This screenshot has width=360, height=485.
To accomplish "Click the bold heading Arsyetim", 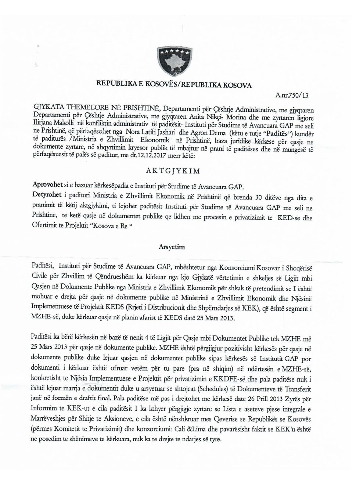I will tap(173, 248).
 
